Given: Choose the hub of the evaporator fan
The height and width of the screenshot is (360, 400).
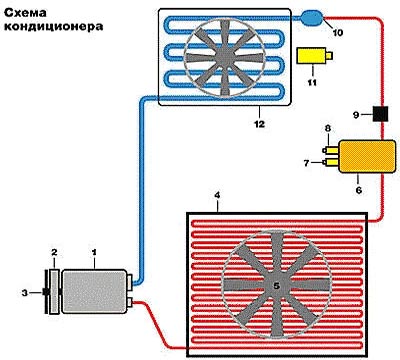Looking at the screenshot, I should click(x=234, y=61).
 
